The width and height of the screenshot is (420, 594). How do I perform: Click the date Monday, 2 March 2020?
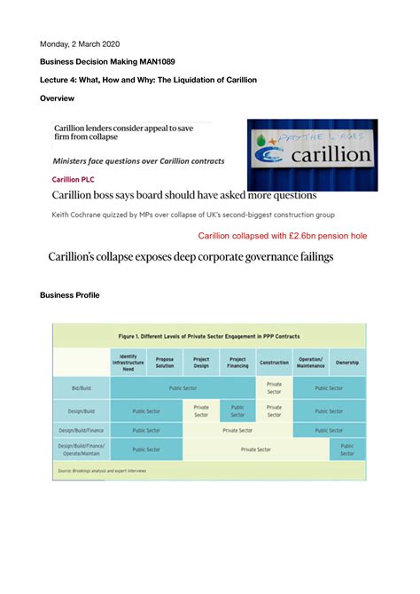click(x=80, y=43)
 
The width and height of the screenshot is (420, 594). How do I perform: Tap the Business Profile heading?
click(x=76, y=295)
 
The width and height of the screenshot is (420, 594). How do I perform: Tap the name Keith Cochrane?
click(x=81, y=215)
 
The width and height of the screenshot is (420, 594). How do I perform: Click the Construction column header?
click(x=274, y=362)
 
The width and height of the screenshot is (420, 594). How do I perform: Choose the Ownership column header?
click(x=347, y=362)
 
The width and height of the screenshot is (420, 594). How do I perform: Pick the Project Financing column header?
click(x=237, y=362)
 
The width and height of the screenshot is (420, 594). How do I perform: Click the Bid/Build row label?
click(x=82, y=387)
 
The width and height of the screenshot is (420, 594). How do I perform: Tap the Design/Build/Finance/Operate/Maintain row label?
click(x=82, y=449)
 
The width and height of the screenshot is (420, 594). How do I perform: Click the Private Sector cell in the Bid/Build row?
click(x=274, y=387)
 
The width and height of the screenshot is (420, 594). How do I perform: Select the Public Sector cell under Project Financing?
click(x=237, y=410)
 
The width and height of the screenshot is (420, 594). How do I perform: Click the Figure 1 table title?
click(x=210, y=336)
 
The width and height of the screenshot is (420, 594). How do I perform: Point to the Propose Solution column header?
click(x=165, y=362)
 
